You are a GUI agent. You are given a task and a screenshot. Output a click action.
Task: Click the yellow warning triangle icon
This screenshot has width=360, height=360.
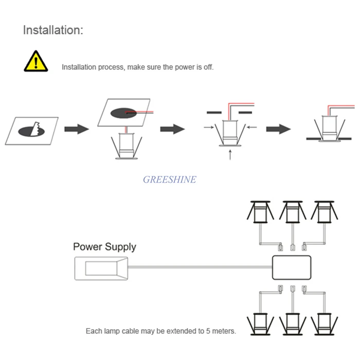[x=36, y=62]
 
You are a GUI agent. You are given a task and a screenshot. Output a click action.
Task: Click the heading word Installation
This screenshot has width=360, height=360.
[x=53, y=30]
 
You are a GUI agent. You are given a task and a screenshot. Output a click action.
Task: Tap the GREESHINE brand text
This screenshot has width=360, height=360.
[x=170, y=179]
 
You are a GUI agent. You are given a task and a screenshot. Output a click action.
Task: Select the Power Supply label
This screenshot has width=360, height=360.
[x=105, y=247]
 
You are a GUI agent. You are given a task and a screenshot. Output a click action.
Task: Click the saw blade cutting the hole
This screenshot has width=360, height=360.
[x=35, y=129]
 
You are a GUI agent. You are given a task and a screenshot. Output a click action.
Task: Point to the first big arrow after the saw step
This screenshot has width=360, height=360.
[x=77, y=129]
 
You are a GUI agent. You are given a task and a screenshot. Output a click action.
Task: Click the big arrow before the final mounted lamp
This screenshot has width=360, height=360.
[x=279, y=129]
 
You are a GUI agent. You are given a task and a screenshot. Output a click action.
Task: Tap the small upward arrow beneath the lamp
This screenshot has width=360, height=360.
[x=230, y=155]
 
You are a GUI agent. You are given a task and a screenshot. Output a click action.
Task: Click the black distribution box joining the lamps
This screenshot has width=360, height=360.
[x=292, y=267]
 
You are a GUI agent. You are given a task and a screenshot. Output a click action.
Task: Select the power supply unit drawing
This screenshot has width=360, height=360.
[x=101, y=268]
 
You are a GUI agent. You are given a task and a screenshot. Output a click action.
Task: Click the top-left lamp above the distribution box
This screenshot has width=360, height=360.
[x=260, y=212]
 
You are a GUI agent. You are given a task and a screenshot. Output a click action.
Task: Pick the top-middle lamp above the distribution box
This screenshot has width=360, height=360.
[x=293, y=212]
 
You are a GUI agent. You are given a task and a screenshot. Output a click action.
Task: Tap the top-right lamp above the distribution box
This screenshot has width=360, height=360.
[x=325, y=212]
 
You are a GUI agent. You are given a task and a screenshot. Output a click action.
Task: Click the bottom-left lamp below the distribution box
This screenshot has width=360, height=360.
[x=260, y=324]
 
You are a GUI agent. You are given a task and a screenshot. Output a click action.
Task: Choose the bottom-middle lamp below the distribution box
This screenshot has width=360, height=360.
[x=293, y=324]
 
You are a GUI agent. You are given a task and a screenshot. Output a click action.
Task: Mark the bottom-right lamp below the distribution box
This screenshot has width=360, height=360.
[x=325, y=324]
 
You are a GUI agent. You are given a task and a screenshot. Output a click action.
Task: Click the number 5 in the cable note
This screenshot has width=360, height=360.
[x=208, y=331]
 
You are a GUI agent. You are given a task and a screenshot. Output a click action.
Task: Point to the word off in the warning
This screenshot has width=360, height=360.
[x=208, y=67]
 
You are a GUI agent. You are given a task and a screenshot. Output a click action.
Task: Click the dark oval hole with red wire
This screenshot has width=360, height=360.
[x=123, y=113]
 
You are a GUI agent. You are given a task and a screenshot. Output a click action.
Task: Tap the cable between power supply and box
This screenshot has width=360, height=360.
[x=200, y=267]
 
